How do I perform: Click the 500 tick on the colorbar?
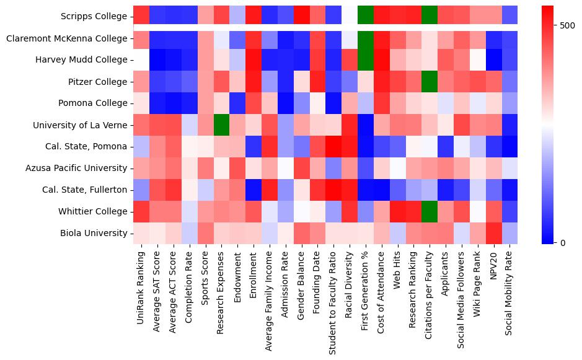567,26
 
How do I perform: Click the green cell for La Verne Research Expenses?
222,125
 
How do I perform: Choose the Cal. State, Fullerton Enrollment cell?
254,190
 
